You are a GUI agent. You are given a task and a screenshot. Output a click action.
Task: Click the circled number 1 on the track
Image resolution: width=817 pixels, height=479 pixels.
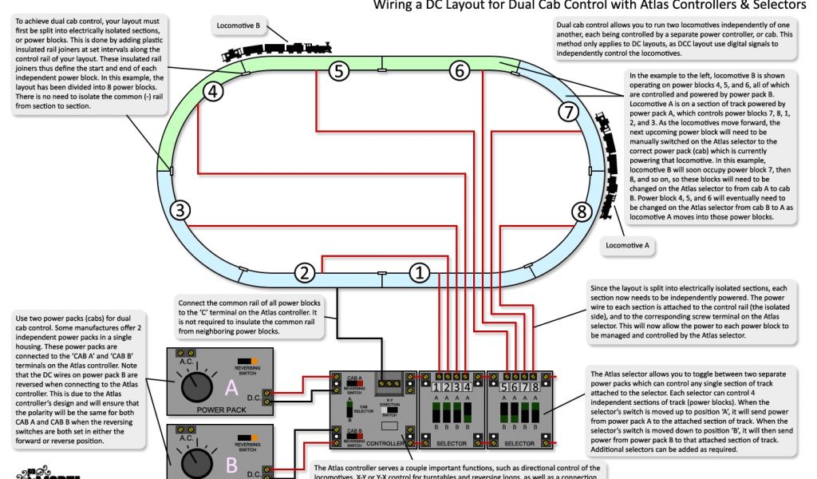(x=420, y=273)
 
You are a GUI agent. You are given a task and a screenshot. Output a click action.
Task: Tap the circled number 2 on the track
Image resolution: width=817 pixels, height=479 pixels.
(x=304, y=273)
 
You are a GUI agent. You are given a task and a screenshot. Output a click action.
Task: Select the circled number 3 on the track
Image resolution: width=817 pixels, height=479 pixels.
(x=182, y=211)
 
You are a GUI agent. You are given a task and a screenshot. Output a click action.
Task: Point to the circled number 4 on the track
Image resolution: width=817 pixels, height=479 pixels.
(x=211, y=92)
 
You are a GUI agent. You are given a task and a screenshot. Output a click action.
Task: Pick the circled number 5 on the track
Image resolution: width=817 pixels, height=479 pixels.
(x=339, y=71)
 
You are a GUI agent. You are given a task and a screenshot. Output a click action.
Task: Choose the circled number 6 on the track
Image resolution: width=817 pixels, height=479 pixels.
(x=458, y=71)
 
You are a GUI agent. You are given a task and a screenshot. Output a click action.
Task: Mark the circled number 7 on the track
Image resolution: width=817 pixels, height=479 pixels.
(x=567, y=112)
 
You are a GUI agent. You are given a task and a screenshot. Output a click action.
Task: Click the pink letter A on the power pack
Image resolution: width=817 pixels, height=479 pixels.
(x=232, y=388)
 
